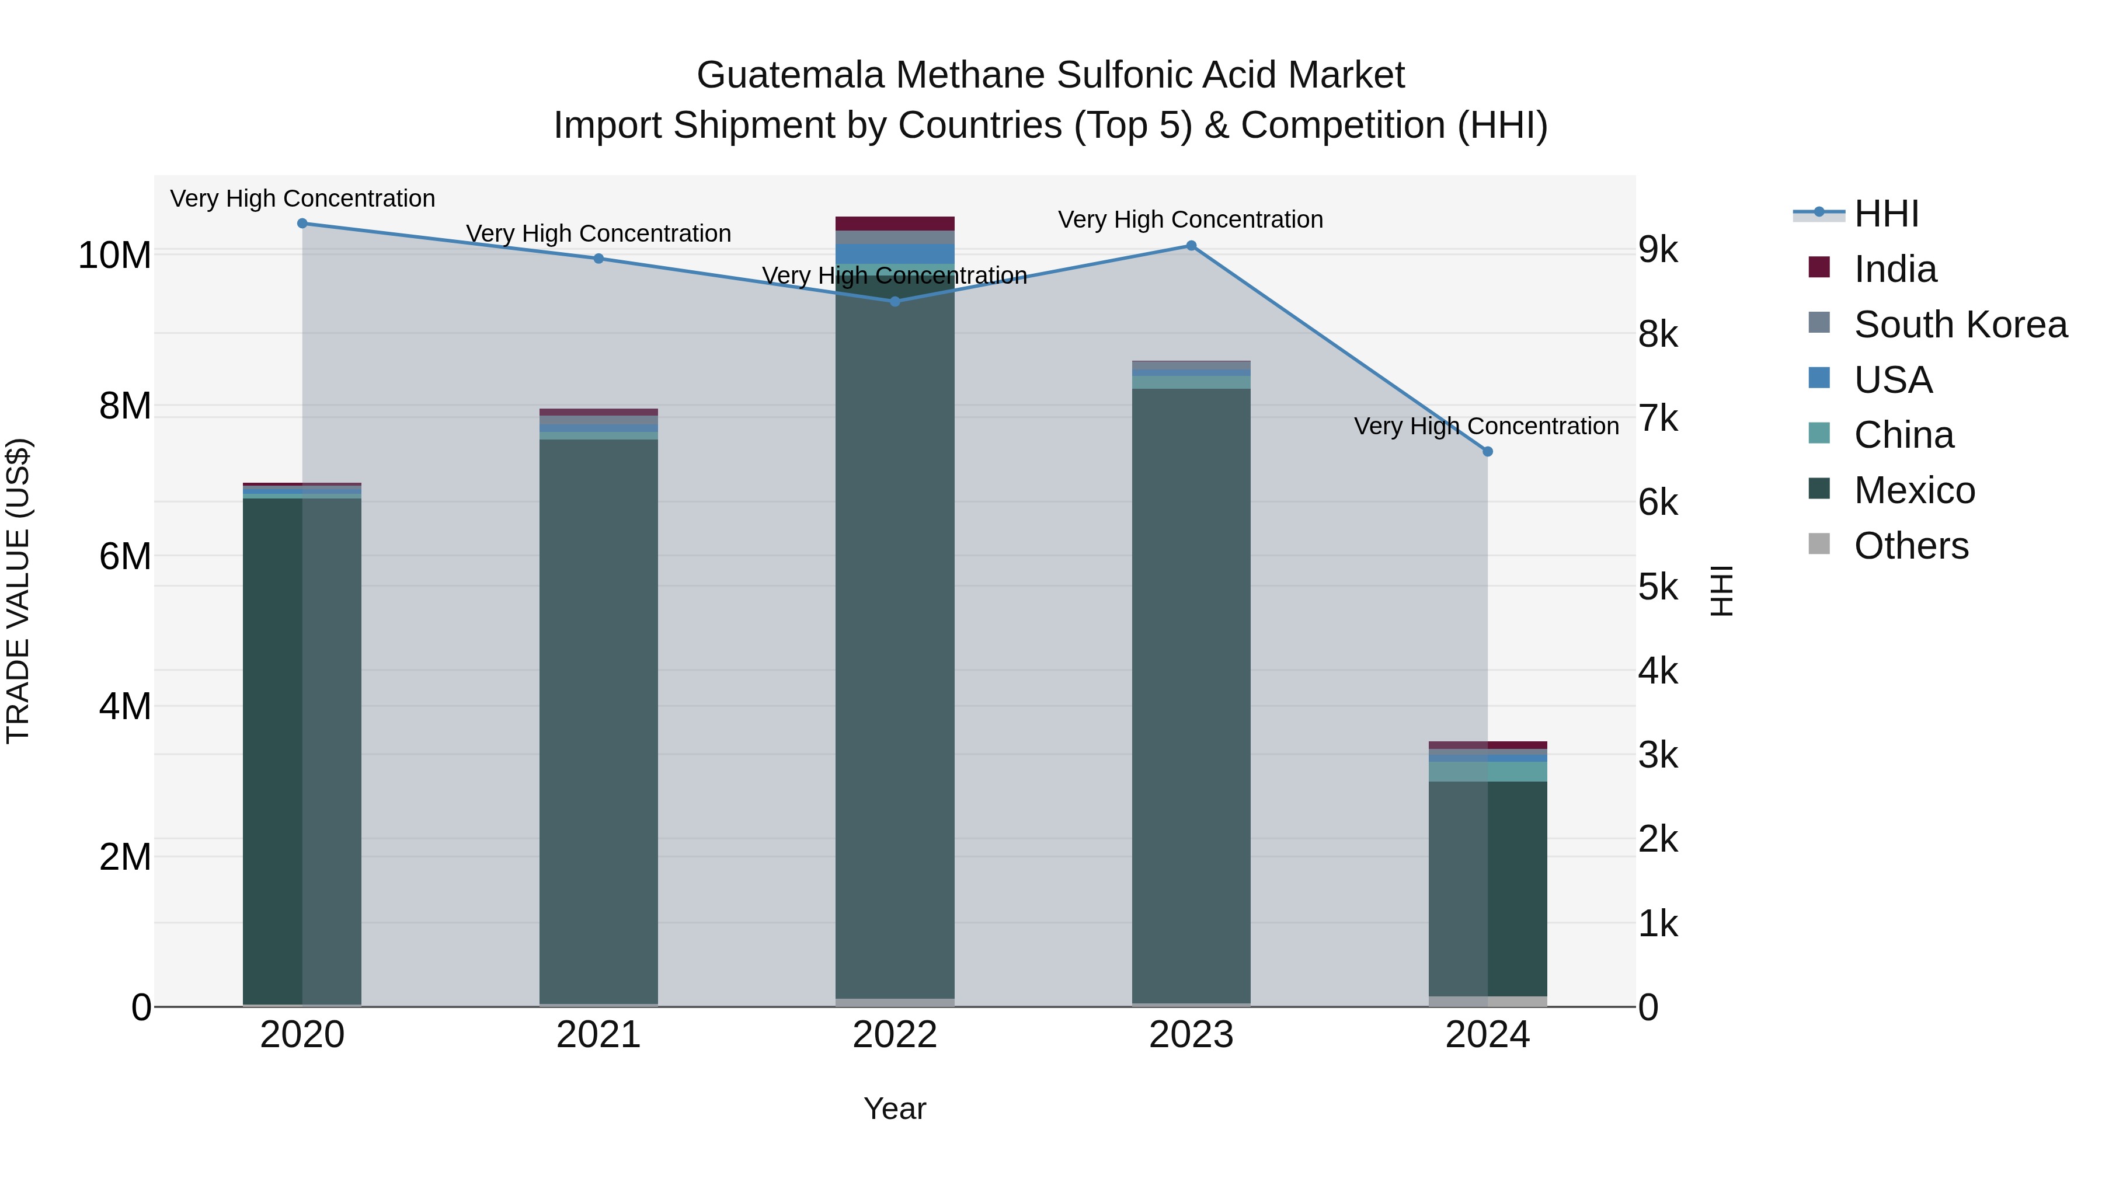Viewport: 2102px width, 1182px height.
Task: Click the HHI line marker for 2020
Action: tap(302, 223)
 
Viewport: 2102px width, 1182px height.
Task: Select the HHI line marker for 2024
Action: tap(1487, 451)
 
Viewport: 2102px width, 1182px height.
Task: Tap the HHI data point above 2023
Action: tap(1191, 246)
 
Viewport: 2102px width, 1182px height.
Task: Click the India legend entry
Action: tap(1895, 269)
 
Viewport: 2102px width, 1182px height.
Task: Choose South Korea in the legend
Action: tap(1960, 325)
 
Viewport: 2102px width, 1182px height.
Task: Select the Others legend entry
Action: tap(1911, 546)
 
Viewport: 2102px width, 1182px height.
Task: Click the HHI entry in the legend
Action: tap(1887, 214)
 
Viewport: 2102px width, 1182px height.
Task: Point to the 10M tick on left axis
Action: tap(114, 255)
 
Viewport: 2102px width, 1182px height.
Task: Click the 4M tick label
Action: tap(125, 706)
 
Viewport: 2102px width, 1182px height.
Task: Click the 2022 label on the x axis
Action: tap(895, 1035)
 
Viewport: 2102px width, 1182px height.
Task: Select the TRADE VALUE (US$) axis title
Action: tap(18, 591)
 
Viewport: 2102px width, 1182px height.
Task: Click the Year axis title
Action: tap(895, 1108)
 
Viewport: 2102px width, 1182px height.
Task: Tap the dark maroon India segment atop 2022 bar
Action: tap(895, 224)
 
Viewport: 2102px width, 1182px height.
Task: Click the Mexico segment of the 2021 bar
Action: tap(598, 718)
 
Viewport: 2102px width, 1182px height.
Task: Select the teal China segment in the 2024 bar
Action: tap(1487, 772)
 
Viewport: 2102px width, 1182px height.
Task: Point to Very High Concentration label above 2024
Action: tap(1486, 426)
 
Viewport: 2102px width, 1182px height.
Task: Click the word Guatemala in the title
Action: tap(790, 75)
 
